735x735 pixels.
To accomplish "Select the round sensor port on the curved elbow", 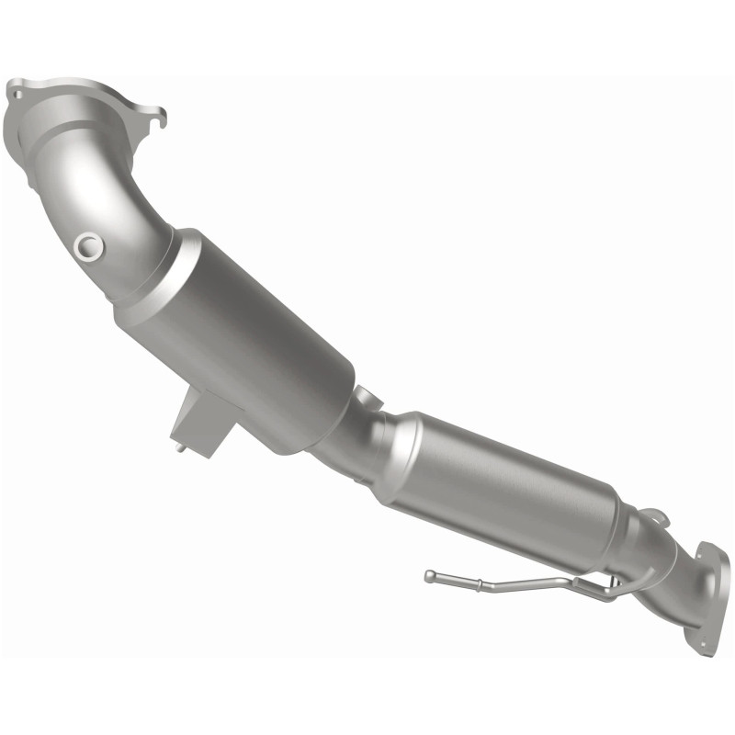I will click(x=88, y=245).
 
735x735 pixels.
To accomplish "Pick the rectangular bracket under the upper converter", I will click(x=201, y=418).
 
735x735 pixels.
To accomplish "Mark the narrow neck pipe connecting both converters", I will click(x=354, y=436).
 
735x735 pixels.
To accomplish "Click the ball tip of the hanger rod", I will click(x=429, y=575).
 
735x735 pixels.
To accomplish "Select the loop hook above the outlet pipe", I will click(x=650, y=517).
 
